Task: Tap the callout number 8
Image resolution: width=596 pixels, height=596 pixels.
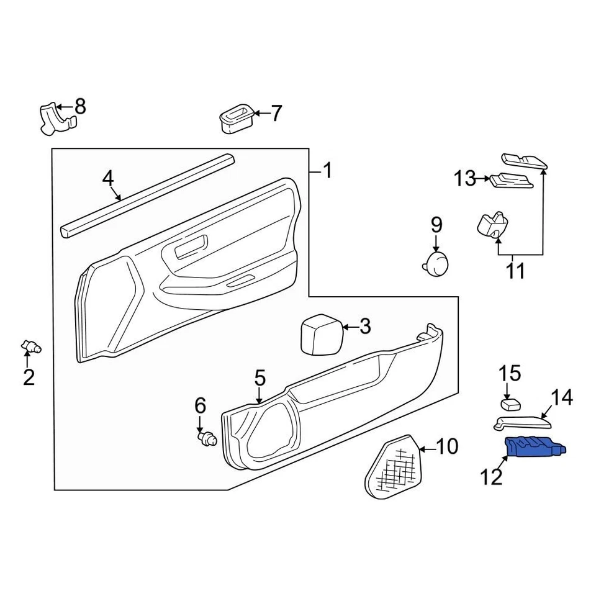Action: coord(80,106)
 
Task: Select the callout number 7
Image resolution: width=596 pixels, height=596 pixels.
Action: coord(276,114)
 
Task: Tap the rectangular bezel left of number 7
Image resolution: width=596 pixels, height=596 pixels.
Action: coord(236,118)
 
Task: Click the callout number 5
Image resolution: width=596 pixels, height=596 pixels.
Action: coord(260,377)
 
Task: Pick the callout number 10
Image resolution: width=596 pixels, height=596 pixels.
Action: coord(447,446)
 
